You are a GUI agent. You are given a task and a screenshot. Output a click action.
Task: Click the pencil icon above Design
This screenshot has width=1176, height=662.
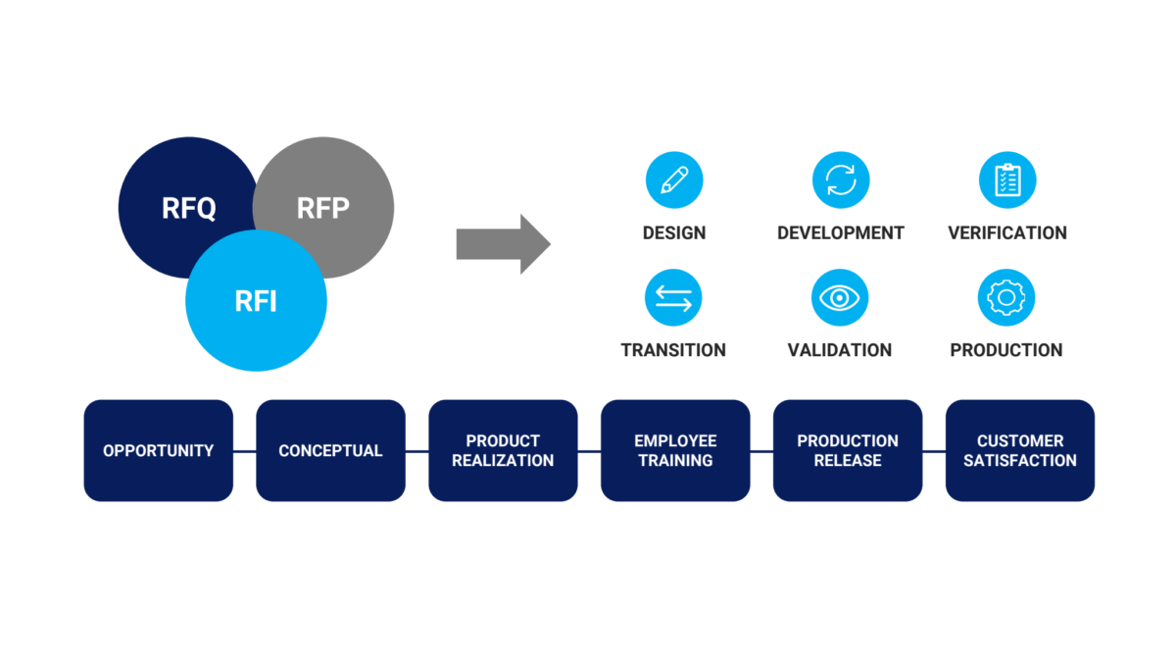pyautogui.click(x=674, y=180)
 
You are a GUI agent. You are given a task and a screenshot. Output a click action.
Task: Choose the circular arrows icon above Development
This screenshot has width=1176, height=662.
pyautogui.click(x=841, y=180)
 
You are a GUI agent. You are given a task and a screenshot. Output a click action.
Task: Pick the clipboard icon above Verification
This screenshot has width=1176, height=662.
pyautogui.click(x=1007, y=180)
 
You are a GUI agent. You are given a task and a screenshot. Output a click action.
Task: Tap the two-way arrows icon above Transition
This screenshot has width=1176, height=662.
pyautogui.click(x=673, y=298)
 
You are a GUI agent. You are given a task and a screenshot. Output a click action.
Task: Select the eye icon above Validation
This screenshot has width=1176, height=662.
pyautogui.click(x=840, y=298)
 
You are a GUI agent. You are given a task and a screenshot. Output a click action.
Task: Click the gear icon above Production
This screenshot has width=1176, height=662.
pyautogui.click(x=1006, y=298)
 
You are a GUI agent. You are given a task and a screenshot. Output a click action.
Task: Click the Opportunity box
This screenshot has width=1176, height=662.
pyautogui.click(x=159, y=450)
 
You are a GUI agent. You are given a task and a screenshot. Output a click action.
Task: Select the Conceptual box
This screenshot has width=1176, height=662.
pyautogui.click(x=330, y=450)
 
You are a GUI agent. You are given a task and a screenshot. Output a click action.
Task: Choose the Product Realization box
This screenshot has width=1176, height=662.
pyautogui.click(x=503, y=450)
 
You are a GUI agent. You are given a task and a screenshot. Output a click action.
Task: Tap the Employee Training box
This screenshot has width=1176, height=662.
pyautogui.click(x=675, y=450)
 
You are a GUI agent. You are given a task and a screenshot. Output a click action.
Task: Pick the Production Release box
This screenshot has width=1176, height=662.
pyautogui.click(x=848, y=450)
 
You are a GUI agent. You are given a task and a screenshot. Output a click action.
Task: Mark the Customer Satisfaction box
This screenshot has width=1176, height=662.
pyautogui.click(x=1020, y=450)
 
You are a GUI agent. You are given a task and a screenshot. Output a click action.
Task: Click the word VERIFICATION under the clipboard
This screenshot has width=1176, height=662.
pyautogui.click(x=1007, y=233)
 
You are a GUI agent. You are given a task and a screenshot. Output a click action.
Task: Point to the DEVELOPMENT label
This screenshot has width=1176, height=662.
pyautogui.click(x=841, y=233)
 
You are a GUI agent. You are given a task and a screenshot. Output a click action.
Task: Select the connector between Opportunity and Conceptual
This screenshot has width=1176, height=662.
pyautogui.click(x=245, y=451)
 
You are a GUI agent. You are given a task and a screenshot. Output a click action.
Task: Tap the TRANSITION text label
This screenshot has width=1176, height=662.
pyautogui.click(x=673, y=350)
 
